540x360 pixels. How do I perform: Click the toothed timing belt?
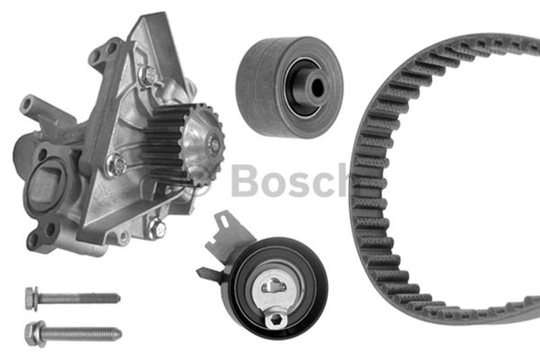tap(370, 207)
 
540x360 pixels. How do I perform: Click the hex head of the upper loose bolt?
tap(32, 299)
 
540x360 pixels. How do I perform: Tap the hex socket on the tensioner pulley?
tap(275, 320)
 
